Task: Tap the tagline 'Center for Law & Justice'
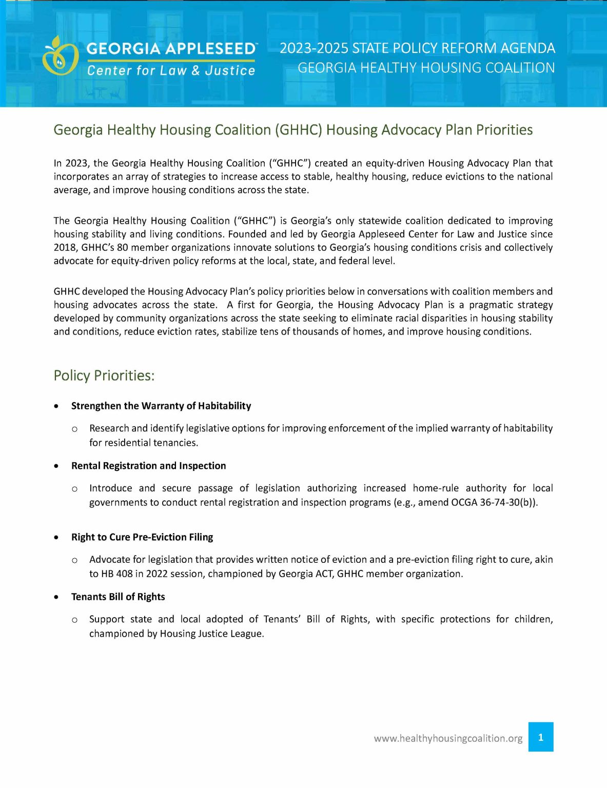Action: pyautogui.click(x=171, y=71)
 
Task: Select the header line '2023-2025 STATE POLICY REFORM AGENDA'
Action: pyautogui.click(x=417, y=48)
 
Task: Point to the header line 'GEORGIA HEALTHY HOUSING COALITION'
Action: pyautogui.click(x=426, y=68)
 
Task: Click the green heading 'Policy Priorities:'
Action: pyautogui.click(x=104, y=376)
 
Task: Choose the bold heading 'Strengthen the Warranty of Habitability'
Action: pyautogui.click(x=161, y=406)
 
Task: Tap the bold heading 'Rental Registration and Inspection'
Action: pyautogui.click(x=148, y=466)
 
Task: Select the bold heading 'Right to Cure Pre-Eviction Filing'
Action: pyautogui.click(x=142, y=537)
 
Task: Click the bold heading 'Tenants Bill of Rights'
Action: pyautogui.click(x=118, y=597)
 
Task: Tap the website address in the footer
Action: pyautogui.click(x=448, y=738)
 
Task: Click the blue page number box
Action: pyautogui.click(x=541, y=737)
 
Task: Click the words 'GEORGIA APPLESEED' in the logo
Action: pyautogui.click(x=171, y=49)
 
